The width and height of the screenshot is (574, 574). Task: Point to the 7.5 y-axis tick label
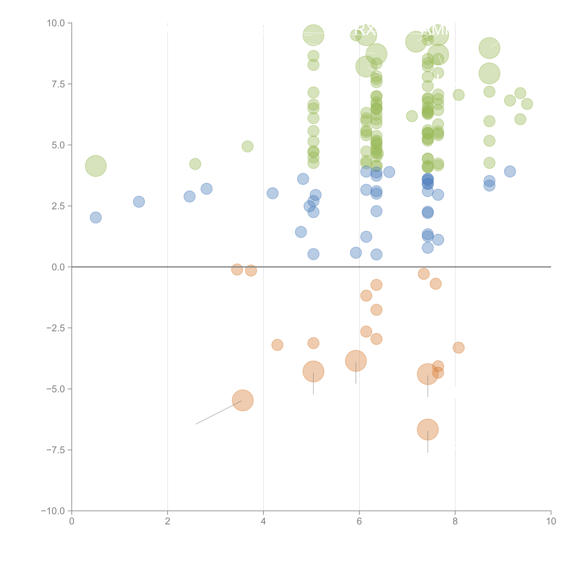coord(58,84)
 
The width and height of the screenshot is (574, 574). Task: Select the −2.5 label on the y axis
coord(56,328)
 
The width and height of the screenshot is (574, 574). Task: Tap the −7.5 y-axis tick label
coord(56,450)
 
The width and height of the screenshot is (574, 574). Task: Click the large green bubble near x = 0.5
coord(96,166)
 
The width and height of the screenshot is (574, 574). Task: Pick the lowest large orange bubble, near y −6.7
coord(428,429)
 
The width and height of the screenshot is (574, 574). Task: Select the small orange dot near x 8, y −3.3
coord(458,348)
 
